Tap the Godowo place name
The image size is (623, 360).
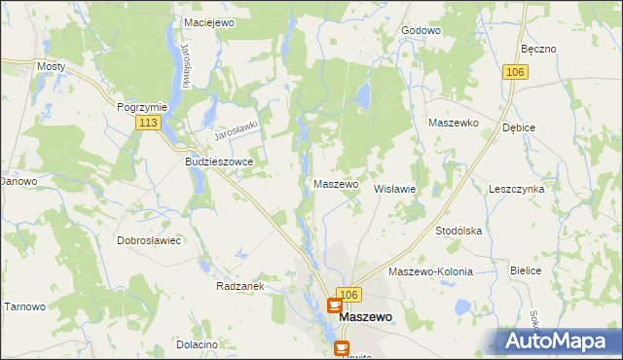click(x=421, y=30)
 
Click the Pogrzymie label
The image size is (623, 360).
click(x=142, y=106)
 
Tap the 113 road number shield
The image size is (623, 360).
click(x=148, y=123)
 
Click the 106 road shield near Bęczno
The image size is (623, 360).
click(x=516, y=73)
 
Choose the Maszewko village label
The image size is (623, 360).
click(x=453, y=123)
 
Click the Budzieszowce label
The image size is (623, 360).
click(x=219, y=162)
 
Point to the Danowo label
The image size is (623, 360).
click(x=18, y=181)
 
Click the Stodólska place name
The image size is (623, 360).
click(x=459, y=231)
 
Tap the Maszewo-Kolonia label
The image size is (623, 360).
click(x=430, y=271)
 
